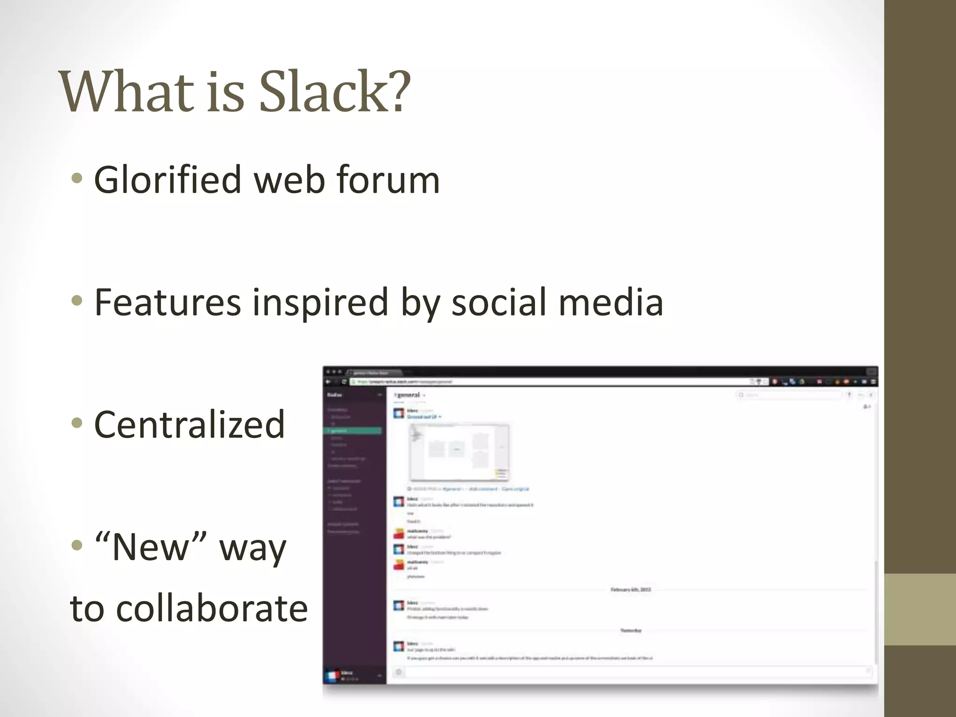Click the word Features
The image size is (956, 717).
point(168,302)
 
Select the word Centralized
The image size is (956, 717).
point(190,424)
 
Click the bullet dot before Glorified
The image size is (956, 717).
point(77,178)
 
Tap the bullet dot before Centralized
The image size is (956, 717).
point(77,423)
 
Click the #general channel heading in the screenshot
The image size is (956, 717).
point(409,395)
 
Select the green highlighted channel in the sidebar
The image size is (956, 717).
point(353,431)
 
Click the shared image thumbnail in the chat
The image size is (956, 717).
point(459,451)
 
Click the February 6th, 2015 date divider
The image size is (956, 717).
point(631,590)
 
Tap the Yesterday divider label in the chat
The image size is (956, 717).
point(631,631)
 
